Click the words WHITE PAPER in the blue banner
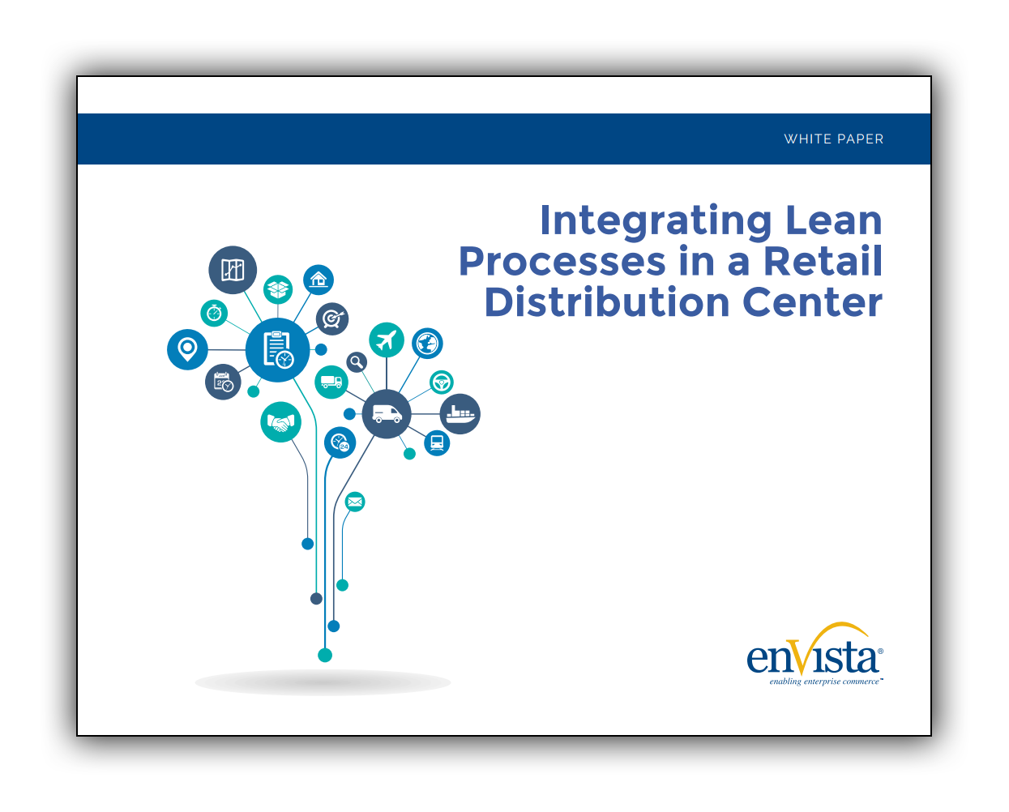coord(833,139)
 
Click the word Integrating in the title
coord(656,220)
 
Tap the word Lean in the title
coord(833,220)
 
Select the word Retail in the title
coord(823,261)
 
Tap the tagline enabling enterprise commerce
coord(825,682)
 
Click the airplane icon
coord(387,340)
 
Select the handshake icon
coord(281,422)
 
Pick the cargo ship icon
coord(460,414)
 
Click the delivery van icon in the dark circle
coord(387,414)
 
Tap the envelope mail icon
coord(355,502)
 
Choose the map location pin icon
coord(187,349)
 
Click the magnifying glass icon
coord(357,362)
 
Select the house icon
coord(319,280)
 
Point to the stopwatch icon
coord(214,313)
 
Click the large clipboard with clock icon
coord(277,349)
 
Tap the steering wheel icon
coord(442,382)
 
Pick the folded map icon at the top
coord(233,270)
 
